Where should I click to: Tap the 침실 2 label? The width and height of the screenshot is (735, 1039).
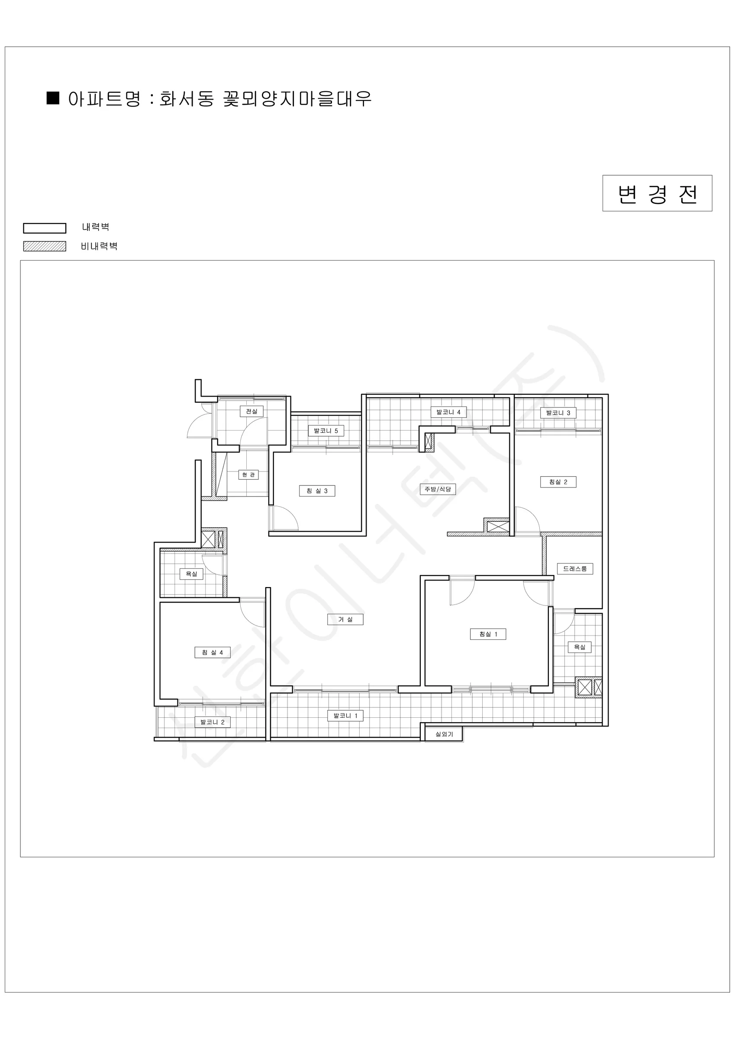click(558, 482)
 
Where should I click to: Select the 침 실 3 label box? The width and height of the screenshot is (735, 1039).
click(317, 491)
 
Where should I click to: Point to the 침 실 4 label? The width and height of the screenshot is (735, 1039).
click(212, 652)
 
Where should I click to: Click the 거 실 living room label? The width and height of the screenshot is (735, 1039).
click(345, 620)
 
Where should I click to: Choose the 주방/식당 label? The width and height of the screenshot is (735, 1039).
click(438, 489)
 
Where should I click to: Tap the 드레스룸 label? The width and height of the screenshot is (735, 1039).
click(575, 569)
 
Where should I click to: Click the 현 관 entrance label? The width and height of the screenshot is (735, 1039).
click(248, 475)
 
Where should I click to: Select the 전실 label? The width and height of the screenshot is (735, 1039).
click(251, 411)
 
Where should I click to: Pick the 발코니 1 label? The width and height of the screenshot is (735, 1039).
click(345, 716)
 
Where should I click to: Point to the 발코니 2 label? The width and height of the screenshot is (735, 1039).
click(212, 722)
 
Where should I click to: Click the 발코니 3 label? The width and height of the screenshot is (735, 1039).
click(558, 413)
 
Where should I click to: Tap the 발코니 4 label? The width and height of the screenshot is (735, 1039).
click(448, 412)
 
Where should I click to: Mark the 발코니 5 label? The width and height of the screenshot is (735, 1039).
click(326, 431)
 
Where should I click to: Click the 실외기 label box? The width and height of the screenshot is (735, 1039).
click(444, 734)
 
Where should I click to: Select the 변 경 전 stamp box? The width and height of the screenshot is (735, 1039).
click(657, 193)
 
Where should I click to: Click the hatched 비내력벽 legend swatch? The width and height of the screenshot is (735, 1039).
click(45, 246)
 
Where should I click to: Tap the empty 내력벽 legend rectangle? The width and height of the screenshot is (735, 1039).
click(45, 228)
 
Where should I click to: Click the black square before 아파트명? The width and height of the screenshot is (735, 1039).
click(53, 98)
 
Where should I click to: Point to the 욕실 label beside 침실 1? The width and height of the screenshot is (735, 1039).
click(579, 647)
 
